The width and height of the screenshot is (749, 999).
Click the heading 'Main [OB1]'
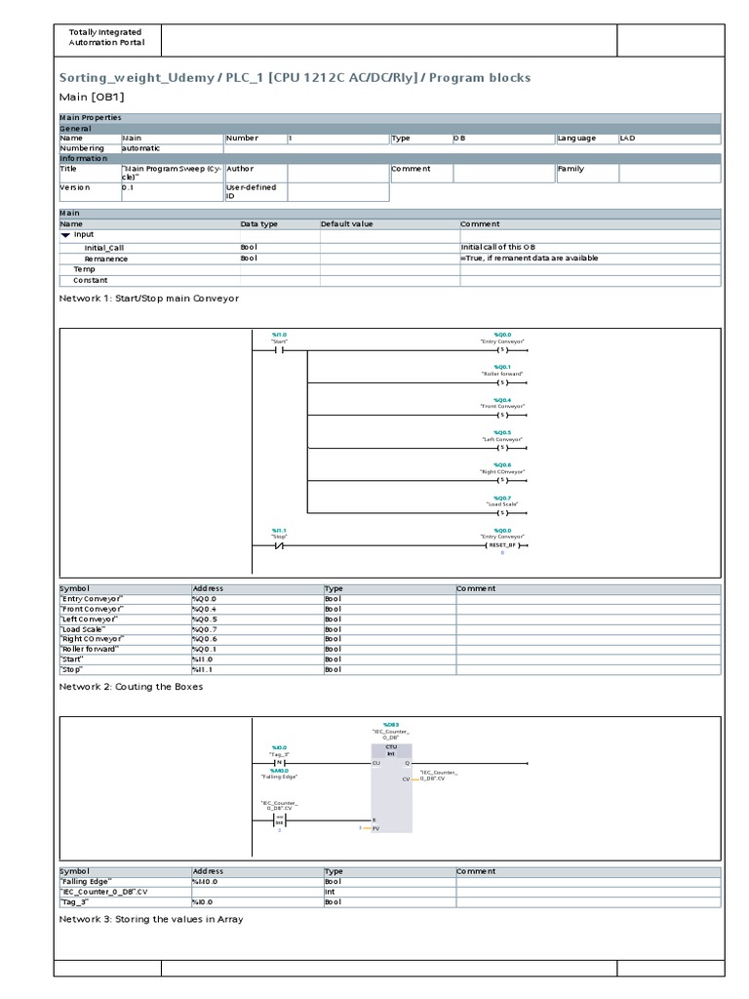[x=93, y=97]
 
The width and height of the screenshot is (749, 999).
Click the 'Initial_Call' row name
[x=104, y=248]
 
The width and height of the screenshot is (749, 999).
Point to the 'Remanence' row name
[x=106, y=259]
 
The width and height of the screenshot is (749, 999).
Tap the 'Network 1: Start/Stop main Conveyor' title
[x=149, y=298]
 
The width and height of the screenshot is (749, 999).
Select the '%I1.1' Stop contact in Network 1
[x=280, y=545]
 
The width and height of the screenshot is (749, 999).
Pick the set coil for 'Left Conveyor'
[x=503, y=449]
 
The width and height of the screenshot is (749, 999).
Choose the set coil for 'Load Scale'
[x=503, y=513]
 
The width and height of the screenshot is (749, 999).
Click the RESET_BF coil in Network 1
[x=503, y=545]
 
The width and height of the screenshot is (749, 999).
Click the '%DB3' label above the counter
[x=391, y=726]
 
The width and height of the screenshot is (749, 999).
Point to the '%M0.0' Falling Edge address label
[x=280, y=770]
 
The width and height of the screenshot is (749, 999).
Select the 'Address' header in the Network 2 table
[x=209, y=871]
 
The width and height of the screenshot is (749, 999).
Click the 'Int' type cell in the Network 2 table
[x=331, y=892]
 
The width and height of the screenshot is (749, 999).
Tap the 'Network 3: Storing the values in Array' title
[x=151, y=919]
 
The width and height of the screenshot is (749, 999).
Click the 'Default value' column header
[x=347, y=224]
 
